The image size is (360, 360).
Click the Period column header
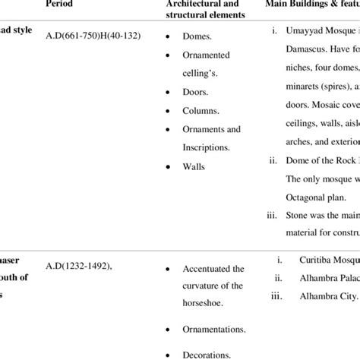[x=61, y=4]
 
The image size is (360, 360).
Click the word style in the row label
[x=21, y=35]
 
